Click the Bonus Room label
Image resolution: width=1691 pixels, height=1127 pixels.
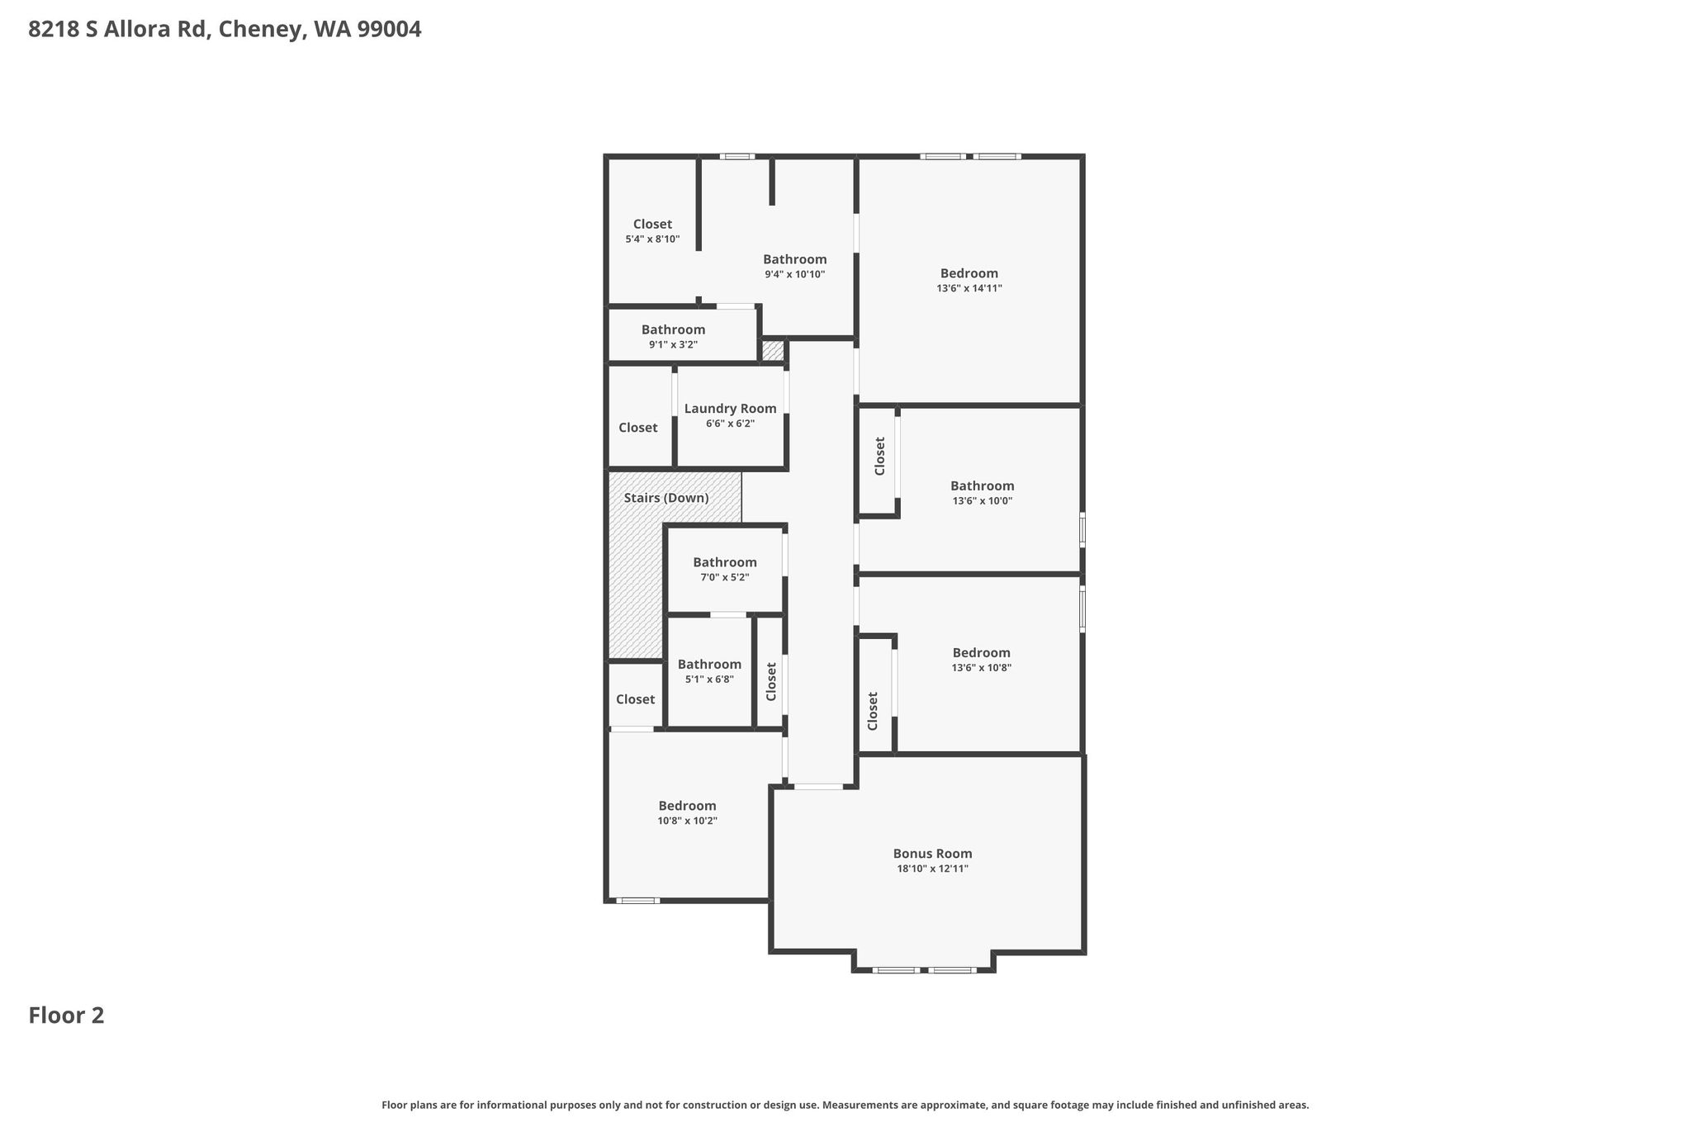[932, 854]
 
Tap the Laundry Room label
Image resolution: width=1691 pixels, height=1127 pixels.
[730, 409]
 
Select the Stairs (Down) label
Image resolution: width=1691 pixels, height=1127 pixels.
[666, 498]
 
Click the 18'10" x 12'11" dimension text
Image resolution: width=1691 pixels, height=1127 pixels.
[932, 869]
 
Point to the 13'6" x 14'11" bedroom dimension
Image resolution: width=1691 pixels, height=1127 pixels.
[969, 288]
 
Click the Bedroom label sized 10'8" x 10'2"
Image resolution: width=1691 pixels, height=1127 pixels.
[687, 806]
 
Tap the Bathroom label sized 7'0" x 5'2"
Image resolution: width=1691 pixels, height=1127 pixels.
[725, 562]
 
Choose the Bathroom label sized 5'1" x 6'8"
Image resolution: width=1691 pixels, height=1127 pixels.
[709, 664]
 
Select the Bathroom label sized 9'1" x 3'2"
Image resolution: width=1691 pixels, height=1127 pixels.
[673, 329]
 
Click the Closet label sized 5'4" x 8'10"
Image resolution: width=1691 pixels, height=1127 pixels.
[652, 224]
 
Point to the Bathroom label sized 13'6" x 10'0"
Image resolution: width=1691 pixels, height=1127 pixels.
[982, 485]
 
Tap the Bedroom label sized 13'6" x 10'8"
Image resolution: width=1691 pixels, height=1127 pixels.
[981, 652]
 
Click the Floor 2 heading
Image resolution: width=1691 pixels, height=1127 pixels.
[66, 1016]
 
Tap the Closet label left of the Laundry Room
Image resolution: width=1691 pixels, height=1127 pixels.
[638, 428]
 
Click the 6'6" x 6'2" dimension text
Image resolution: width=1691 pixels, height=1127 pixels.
[730, 424]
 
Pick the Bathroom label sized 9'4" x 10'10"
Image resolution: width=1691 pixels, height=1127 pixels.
[794, 259]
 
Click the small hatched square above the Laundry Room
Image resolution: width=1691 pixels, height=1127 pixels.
[772, 351]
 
